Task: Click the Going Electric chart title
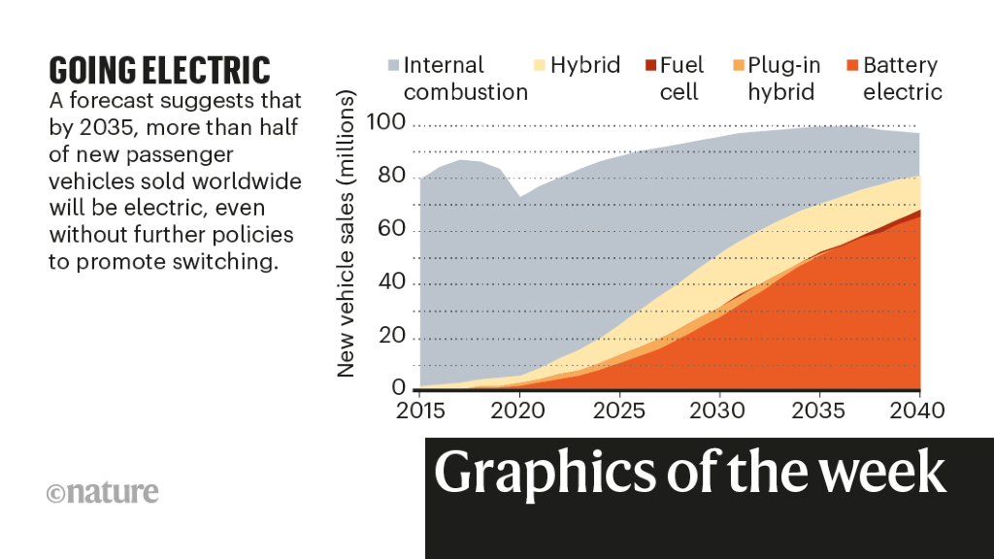click(159, 70)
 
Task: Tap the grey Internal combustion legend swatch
click(392, 66)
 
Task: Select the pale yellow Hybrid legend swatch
click(539, 66)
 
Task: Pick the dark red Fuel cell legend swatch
click(648, 66)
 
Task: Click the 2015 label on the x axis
click(419, 411)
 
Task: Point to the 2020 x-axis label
click(519, 411)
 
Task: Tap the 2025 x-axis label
click(619, 411)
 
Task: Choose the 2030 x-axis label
click(719, 411)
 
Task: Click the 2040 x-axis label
click(916, 411)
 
